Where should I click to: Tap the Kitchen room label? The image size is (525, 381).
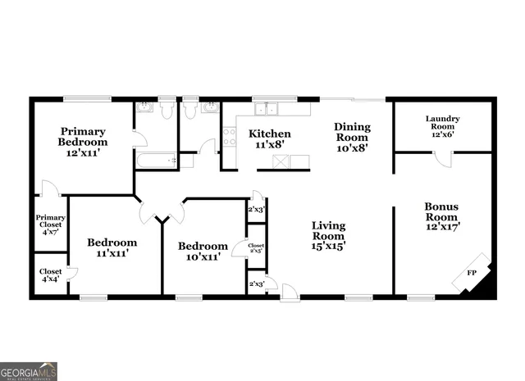pyautogui.click(x=270, y=138)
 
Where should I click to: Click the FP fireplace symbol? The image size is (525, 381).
pyautogui.click(x=473, y=270)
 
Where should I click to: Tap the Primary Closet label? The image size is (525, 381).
pyautogui.click(x=50, y=224)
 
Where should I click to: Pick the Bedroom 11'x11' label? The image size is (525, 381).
pyautogui.click(x=112, y=247)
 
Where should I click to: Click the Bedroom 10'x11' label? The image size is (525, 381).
pyautogui.click(x=203, y=252)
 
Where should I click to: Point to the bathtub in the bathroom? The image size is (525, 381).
pyautogui.click(x=156, y=161)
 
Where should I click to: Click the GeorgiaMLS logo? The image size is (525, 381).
pyautogui.click(x=29, y=370)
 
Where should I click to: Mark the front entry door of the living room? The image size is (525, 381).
pyautogui.click(x=289, y=290)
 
